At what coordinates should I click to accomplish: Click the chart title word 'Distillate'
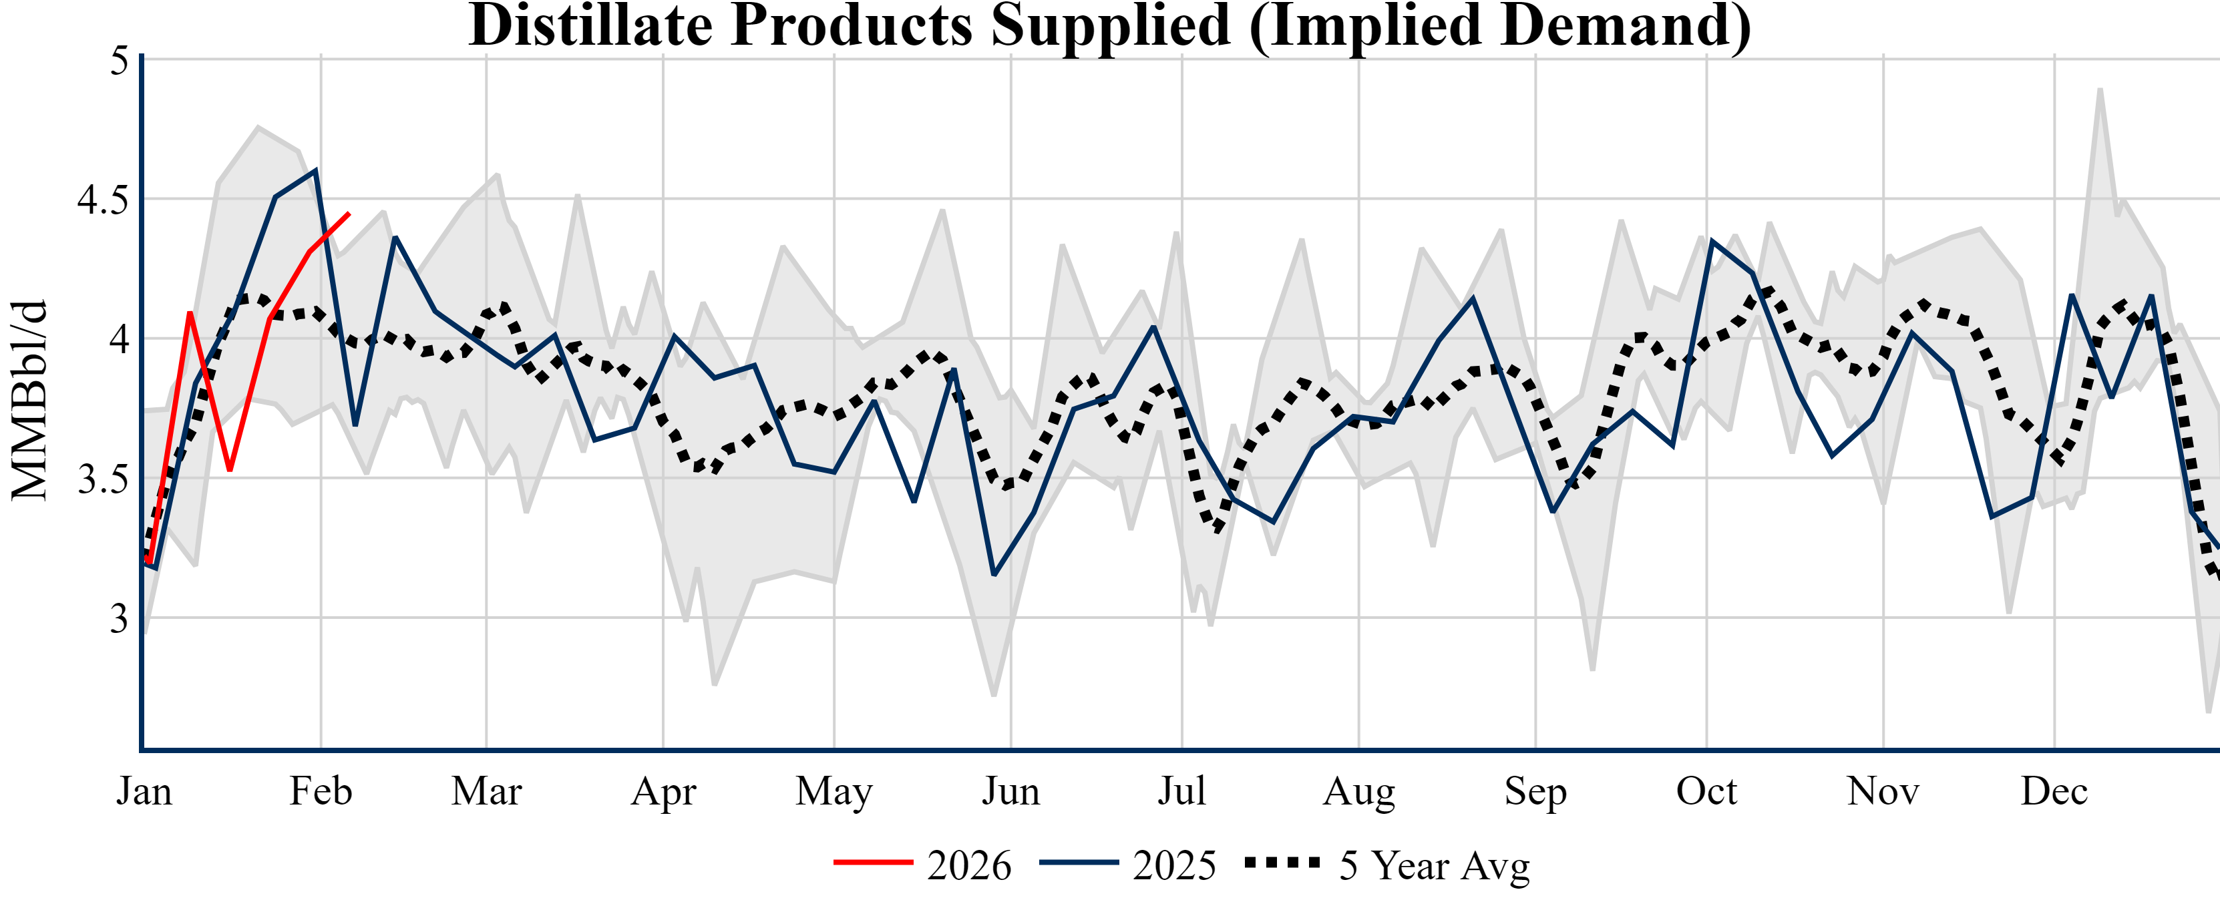coord(590,26)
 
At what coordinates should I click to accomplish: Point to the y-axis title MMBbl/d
coord(29,401)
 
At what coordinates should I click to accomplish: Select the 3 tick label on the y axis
coord(119,618)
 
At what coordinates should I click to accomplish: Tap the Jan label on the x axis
coord(144,791)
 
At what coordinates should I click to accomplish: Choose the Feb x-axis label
coord(321,791)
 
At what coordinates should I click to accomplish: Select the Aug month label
coord(1358,791)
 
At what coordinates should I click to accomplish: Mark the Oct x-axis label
coord(1706,791)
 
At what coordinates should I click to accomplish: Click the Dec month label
coord(2054,791)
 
